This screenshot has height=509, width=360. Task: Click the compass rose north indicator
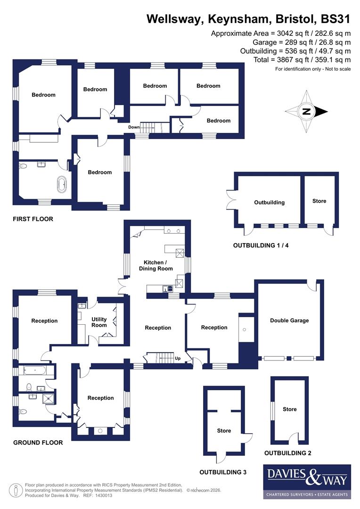[306, 112]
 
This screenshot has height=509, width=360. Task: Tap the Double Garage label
[289, 320]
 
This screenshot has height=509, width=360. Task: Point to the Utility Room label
[99, 322]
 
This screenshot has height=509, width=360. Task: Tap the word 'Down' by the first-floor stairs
[134, 127]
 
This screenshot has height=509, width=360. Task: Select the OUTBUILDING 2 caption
[287, 453]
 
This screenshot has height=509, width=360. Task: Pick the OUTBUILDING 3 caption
[223, 472]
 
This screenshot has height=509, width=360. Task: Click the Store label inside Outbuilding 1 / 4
[319, 201]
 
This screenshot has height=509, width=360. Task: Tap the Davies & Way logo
[307, 481]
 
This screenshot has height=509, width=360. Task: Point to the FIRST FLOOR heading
[33, 219]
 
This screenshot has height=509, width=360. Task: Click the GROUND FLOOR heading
[38, 443]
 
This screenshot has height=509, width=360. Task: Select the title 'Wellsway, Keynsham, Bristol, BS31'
[248, 19]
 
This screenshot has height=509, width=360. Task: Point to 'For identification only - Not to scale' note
[313, 69]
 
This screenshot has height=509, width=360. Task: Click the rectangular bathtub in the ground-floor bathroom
[33, 370]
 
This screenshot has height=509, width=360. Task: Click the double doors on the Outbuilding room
[230, 200]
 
